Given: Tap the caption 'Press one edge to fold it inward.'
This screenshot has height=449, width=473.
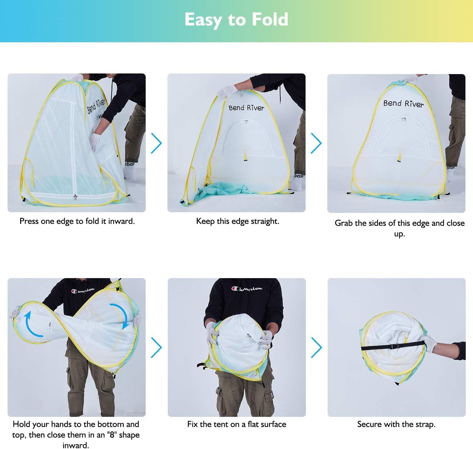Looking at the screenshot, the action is [77, 221].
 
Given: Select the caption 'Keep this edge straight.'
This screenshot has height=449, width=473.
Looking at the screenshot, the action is [238, 221].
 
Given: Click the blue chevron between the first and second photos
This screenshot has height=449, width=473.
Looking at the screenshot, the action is [156, 143].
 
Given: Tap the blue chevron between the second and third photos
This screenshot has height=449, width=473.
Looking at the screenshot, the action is [316, 143].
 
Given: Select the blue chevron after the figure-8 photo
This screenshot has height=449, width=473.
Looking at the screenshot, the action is [156, 347].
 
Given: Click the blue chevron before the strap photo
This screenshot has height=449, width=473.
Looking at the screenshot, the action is [316, 347].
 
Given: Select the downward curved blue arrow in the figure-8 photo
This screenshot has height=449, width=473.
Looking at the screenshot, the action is [120, 315].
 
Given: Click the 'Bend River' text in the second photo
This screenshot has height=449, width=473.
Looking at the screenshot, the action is [246, 108].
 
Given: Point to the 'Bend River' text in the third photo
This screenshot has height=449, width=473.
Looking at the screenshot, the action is [404, 103].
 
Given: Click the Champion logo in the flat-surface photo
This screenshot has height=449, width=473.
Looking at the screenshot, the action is [247, 288].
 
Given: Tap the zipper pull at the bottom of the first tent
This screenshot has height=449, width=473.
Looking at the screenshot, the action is [75, 197].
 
